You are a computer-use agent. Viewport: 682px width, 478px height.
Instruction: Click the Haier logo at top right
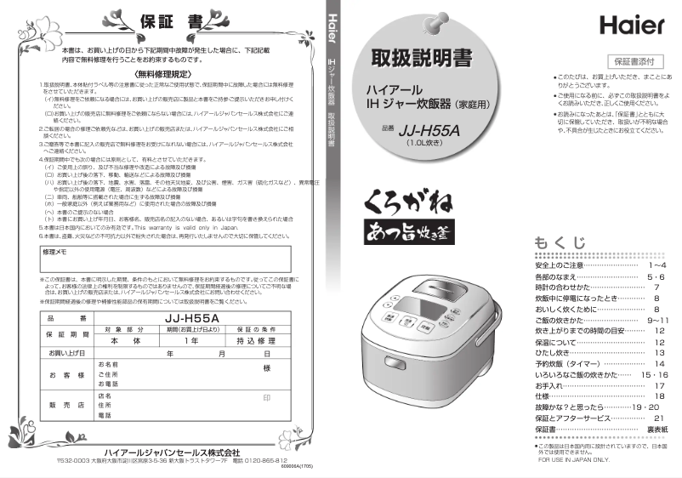pos(630,25)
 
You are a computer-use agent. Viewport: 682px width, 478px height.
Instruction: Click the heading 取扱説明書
pos(419,59)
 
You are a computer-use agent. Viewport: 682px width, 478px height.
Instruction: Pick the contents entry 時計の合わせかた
pos(569,287)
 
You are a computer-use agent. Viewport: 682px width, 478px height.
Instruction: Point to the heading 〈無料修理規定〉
pos(168,75)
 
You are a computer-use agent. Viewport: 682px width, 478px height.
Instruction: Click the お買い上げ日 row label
pos(67,353)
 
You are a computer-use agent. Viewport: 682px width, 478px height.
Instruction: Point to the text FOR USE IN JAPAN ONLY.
pos(574,460)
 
